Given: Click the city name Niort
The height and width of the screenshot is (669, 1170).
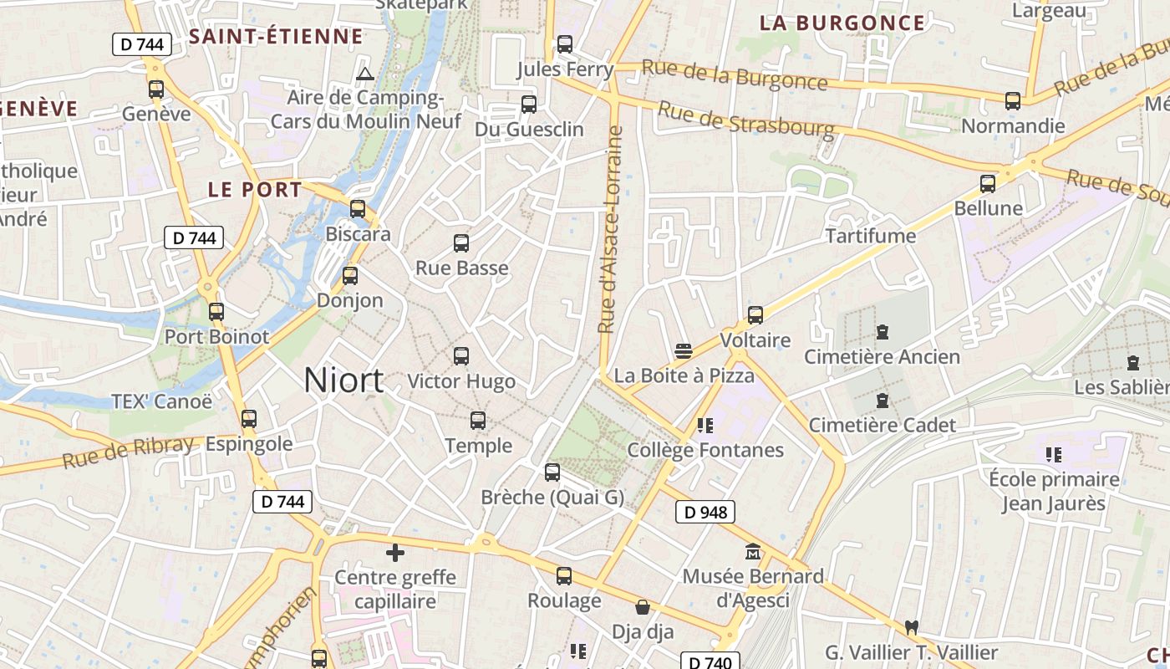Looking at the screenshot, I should click(343, 380).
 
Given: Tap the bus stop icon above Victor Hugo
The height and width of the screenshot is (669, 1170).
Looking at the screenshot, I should click(460, 356).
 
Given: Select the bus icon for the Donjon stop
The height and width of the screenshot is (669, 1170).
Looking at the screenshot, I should click(350, 275).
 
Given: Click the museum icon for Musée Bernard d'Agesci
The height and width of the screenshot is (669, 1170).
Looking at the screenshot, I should click(753, 552).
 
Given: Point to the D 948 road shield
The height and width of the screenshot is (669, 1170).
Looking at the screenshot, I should click(705, 512).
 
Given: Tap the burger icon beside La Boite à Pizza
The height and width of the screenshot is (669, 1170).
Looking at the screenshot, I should click(684, 350).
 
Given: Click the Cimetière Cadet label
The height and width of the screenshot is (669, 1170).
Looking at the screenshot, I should click(882, 425).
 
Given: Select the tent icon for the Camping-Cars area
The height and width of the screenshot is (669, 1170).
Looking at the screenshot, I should click(364, 74).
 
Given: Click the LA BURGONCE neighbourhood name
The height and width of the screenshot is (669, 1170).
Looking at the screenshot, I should click(842, 23).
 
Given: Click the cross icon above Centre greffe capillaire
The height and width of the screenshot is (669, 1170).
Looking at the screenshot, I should click(395, 553).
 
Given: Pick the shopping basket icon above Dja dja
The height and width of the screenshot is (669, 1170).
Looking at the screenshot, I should click(643, 607).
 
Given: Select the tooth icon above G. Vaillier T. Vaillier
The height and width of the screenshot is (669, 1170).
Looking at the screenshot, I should click(911, 627).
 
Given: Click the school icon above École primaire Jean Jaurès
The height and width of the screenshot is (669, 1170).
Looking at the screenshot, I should click(1053, 455).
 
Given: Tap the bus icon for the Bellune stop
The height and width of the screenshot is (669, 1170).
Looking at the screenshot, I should click(988, 183).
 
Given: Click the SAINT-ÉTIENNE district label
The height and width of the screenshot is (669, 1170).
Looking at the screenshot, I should click(276, 36).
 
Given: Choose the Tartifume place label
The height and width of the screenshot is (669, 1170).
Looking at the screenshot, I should click(871, 236).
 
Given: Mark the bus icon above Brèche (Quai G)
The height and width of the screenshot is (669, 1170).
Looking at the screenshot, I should click(552, 472).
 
